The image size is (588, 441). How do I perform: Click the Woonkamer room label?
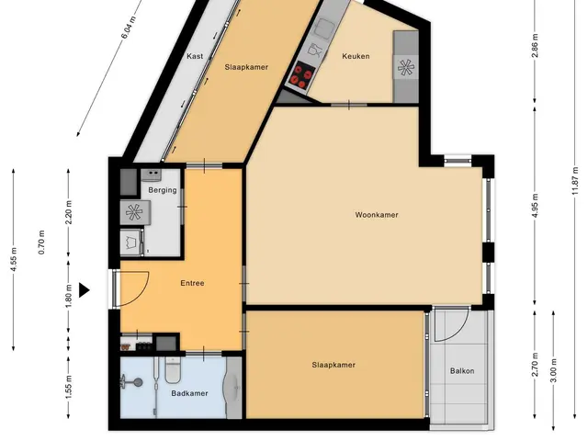point(377,215)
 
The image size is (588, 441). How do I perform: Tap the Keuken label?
point(356,56)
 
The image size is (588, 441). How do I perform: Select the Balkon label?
point(462,371)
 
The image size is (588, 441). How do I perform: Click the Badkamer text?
point(189,393)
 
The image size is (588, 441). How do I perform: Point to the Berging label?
point(163,190)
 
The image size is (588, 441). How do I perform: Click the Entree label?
point(192,283)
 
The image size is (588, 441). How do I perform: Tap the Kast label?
point(195,56)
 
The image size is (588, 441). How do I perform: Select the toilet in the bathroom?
point(173,370)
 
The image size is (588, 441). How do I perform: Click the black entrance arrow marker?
point(84,290)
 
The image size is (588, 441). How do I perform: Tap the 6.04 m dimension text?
point(128,28)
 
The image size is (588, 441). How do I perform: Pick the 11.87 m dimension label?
point(575,181)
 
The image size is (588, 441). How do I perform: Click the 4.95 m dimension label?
point(535,206)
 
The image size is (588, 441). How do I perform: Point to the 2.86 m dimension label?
point(535,45)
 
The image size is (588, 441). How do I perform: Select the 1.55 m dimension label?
point(69,387)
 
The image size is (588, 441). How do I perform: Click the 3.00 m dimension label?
point(554,370)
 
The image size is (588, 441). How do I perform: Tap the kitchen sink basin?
point(322,27)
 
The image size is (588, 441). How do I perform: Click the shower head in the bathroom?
point(137,382)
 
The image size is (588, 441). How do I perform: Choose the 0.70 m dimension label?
point(41,243)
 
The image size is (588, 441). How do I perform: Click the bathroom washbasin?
point(234,386)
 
